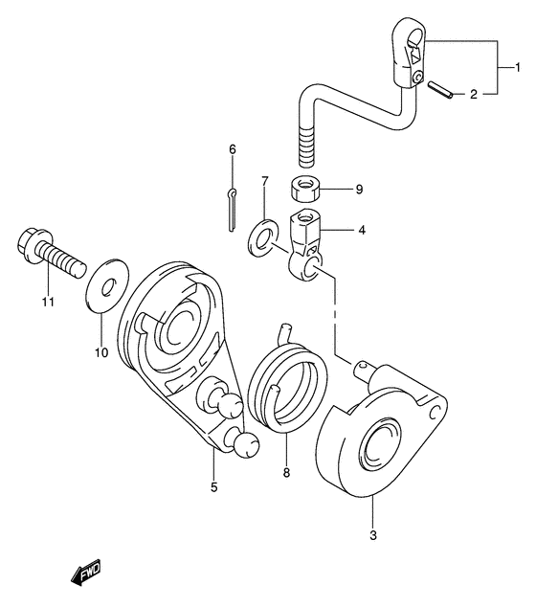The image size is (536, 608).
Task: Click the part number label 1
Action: click(x=518, y=68)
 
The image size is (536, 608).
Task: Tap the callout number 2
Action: click(x=474, y=94)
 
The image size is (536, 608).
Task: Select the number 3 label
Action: click(x=373, y=536)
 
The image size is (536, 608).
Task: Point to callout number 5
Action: click(x=214, y=486)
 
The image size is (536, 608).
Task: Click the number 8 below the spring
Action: click(x=286, y=473)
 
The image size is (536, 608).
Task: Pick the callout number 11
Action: click(x=49, y=302)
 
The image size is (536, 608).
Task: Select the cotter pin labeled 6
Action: click(x=232, y=210)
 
